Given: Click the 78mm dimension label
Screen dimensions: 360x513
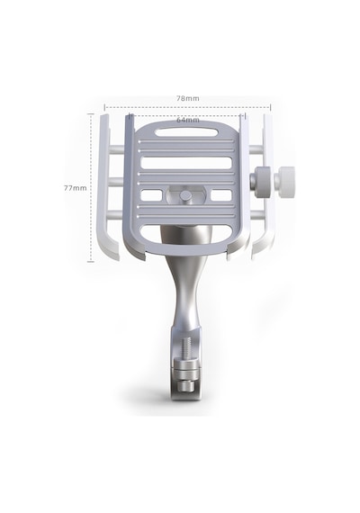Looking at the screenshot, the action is pyautogui.click(x=188, y=98).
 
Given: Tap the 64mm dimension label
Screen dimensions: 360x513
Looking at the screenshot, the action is pyautogui.click(x=188, y=120).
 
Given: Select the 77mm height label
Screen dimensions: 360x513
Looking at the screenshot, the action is pyautogui.click(x=76, y=188).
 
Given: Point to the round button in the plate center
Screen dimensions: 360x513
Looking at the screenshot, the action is pyautogui.click(x=186, y=196).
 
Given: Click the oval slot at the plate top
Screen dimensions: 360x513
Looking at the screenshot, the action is pyautogui.click(x=186, y=132).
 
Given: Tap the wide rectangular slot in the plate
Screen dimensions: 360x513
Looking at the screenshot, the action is pyautogui.click(x=186, y=163).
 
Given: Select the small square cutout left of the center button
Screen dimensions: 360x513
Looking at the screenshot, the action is pyautogui.click(x=151, y=195).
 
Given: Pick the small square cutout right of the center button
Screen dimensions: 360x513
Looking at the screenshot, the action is pyautogui.click(x=221, y=195).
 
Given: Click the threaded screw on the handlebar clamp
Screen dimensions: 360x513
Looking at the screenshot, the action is pyautogui.click(x=184, y=350).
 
